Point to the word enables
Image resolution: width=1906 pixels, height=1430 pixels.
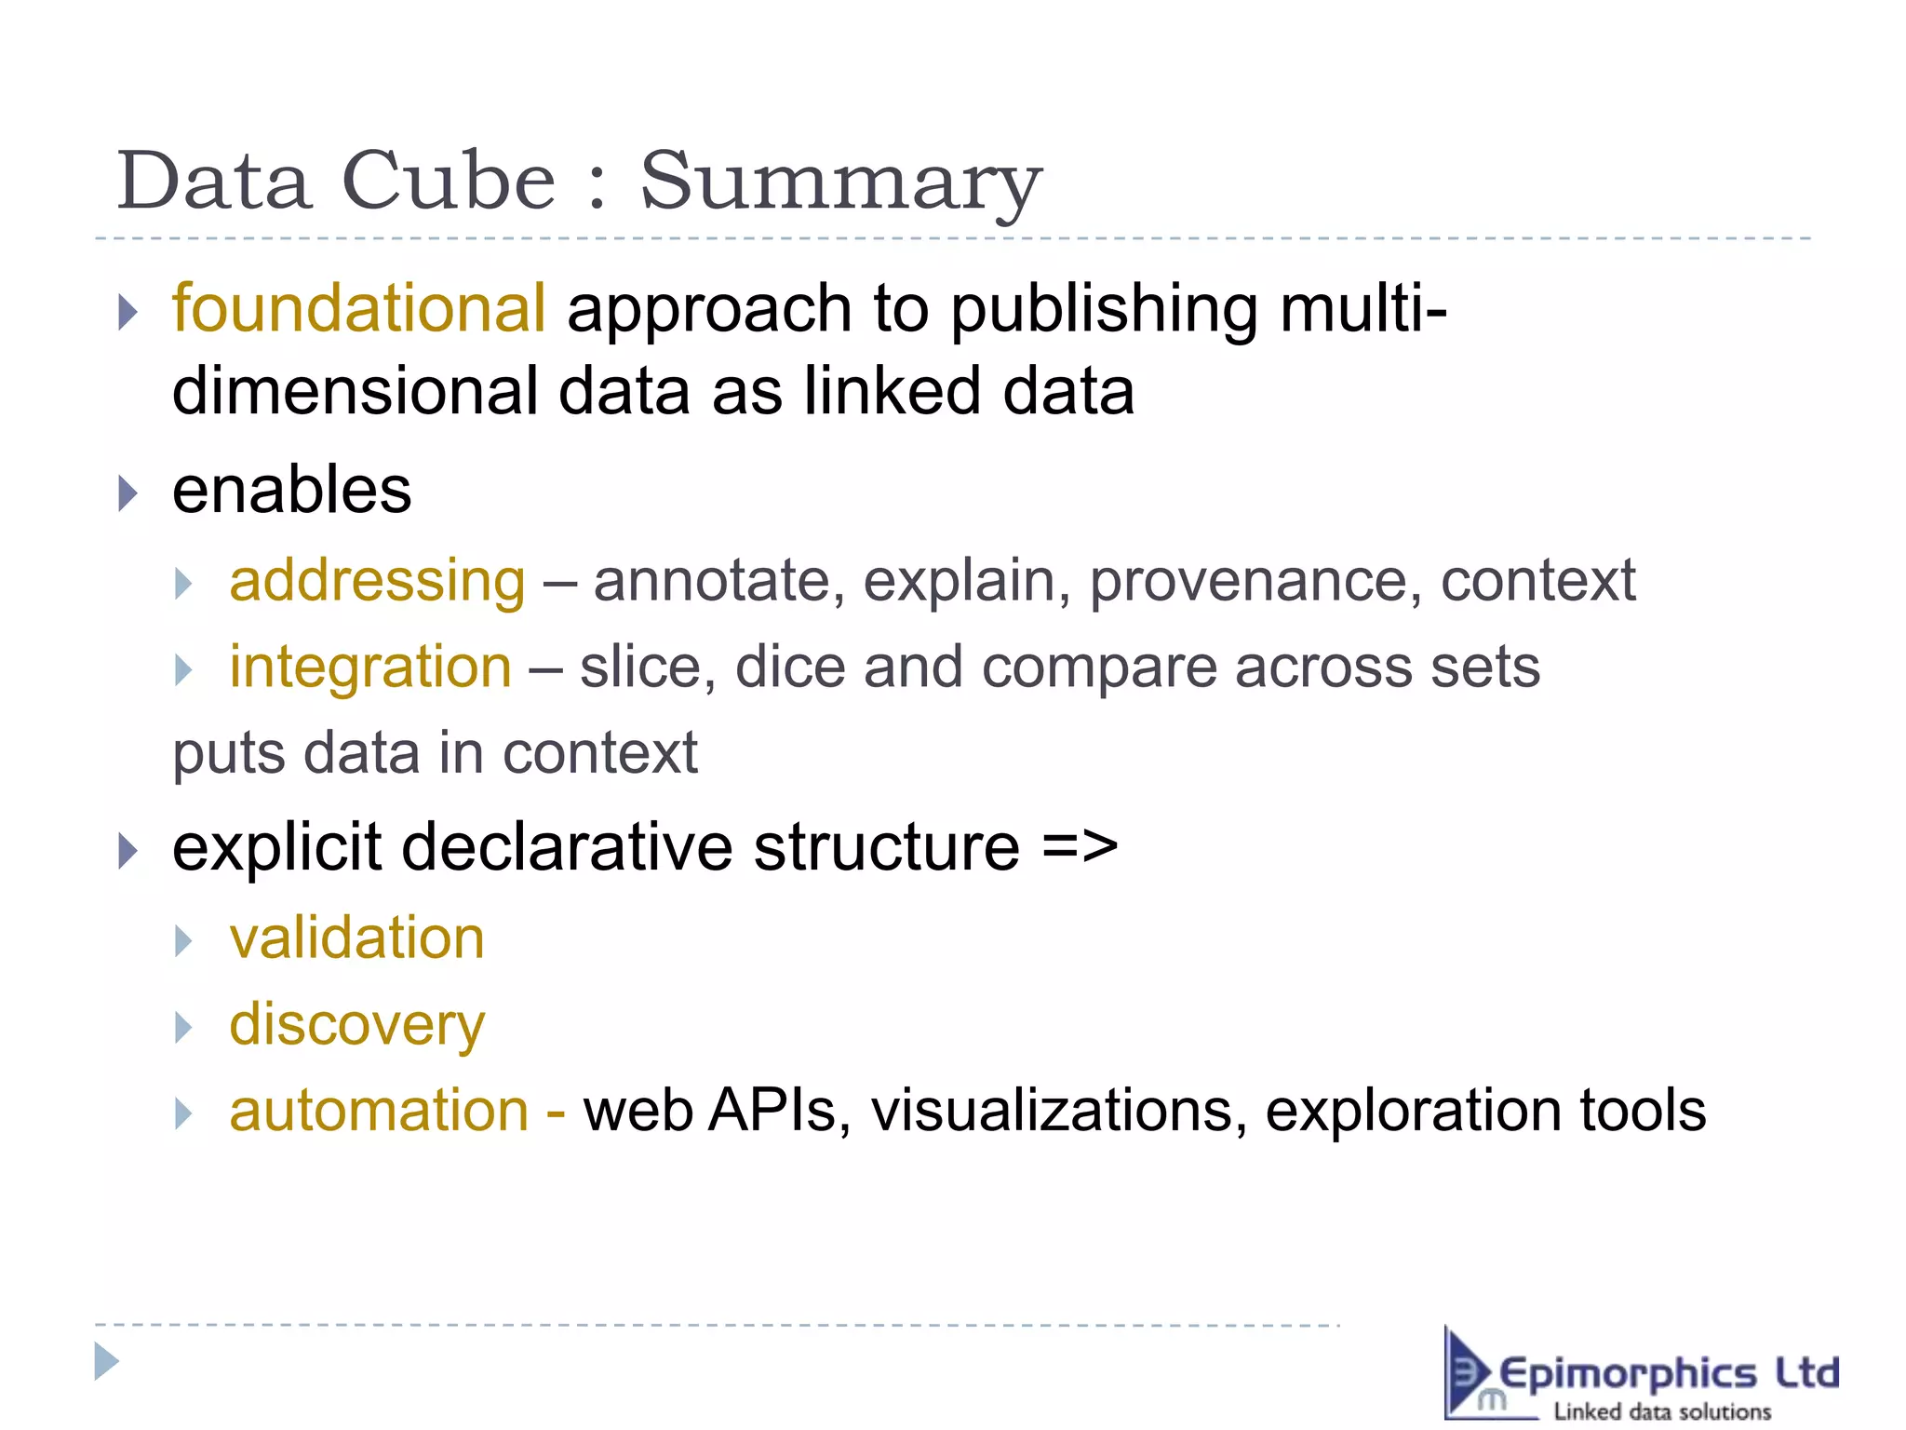coord(291,491)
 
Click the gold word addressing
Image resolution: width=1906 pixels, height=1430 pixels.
coord(378,581)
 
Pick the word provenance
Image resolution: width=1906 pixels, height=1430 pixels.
coord(1255,581)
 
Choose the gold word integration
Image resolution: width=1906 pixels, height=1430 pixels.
coord(370,667)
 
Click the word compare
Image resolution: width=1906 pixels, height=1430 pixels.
coord(1099,668)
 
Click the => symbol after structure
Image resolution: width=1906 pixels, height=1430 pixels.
coord(1080,847)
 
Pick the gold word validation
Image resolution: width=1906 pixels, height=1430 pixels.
coord(357,938)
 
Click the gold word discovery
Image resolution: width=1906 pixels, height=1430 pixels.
coord(357,1025)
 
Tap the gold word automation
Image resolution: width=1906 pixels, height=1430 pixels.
coord(379,1111)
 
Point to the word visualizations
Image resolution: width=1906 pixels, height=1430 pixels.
coord(1059,1111)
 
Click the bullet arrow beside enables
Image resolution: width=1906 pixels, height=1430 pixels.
coord(128,492)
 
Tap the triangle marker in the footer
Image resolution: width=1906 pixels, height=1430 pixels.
coord(107,1362)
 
